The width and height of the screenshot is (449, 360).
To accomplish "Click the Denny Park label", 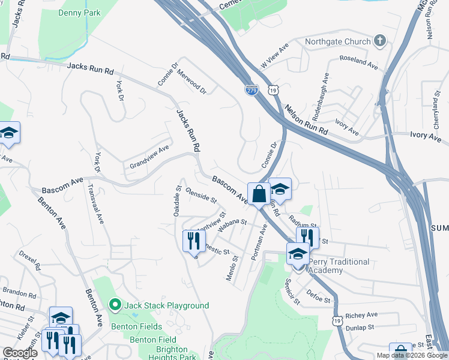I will [x=79, y=12].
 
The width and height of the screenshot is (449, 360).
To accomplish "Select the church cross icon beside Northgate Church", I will [x=379, y=41].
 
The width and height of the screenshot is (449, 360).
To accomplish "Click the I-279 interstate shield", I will [x=252, y=90].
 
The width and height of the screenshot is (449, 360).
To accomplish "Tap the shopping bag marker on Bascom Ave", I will [x=259, y=194].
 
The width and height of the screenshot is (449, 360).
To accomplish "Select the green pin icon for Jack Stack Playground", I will [x=115, y=305].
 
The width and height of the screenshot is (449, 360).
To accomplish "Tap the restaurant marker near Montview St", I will [x=193, y=241].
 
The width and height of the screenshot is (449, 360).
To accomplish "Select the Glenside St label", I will [x=201, y=195].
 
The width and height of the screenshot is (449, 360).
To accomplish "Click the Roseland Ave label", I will [x=357, y=60].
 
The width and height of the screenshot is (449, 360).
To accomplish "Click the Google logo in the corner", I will [x=20, y=353].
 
